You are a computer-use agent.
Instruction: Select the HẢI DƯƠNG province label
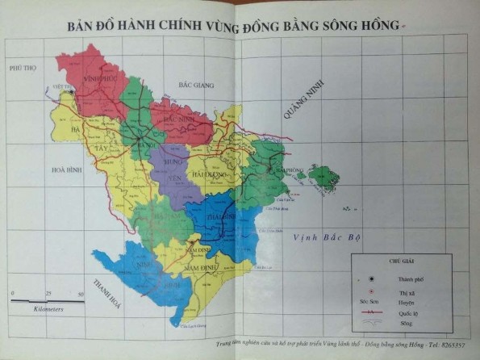click(208, 173)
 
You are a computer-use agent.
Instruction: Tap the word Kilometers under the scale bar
click(48, 308)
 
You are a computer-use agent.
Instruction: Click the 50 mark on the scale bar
click(80, 295)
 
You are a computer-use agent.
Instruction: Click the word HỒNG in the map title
click(379, 26)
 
